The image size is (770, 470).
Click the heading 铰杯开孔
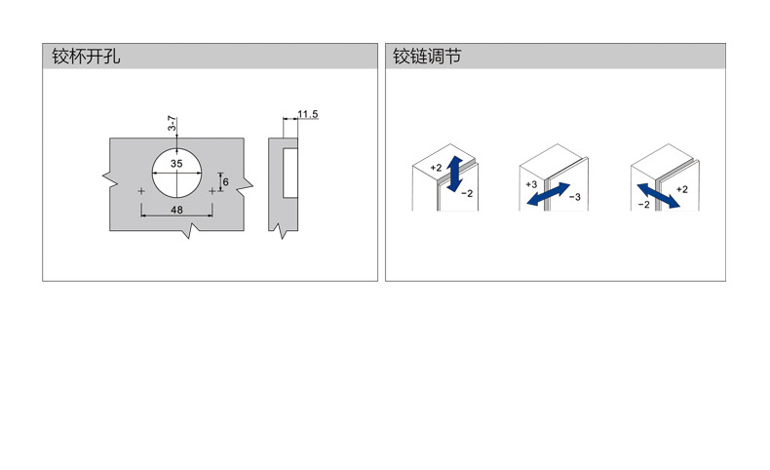[86, 56]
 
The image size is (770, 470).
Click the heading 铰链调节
[427, 56]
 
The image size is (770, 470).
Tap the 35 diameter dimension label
[176, 164]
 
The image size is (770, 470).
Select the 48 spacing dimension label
[176, 210]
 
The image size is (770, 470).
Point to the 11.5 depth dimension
[308, 114]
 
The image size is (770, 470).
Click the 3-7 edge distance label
[172, 123]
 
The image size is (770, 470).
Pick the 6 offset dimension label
[225, 182]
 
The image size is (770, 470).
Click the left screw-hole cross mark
[141, 191]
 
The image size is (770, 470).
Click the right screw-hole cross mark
[212, 191]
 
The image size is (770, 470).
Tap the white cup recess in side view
[290, 173]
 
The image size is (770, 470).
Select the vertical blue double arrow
[455, 174]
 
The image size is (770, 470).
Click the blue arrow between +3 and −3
[548, 194]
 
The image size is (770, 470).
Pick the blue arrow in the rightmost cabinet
[659, 195]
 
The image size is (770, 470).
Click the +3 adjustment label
[531, 184]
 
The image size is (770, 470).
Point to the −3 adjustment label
[575, 197]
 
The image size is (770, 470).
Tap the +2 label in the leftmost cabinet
[436, 168]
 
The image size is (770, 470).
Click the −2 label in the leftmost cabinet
[467, 193]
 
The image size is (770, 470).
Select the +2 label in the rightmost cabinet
[682, 189]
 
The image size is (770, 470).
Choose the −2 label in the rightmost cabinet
[644, 205]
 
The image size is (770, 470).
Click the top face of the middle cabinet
[552, 160]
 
